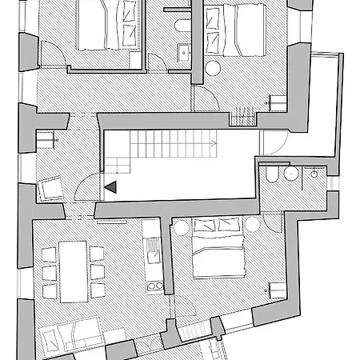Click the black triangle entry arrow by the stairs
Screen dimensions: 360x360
(x=110, y=186)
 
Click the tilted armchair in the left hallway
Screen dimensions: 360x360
(x=52, y=187)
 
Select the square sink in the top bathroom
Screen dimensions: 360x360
(x=183, y=53)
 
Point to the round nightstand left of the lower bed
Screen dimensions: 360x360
(x=182, y=229)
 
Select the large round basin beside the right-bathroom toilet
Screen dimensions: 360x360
(x=291, y=175)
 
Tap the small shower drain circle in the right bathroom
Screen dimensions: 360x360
(x=315, y=171)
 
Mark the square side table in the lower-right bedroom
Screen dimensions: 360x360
(x=277, y=289)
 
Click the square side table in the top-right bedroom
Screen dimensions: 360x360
(x=278, y=102)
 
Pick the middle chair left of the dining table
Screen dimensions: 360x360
(x=49, y=272)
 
